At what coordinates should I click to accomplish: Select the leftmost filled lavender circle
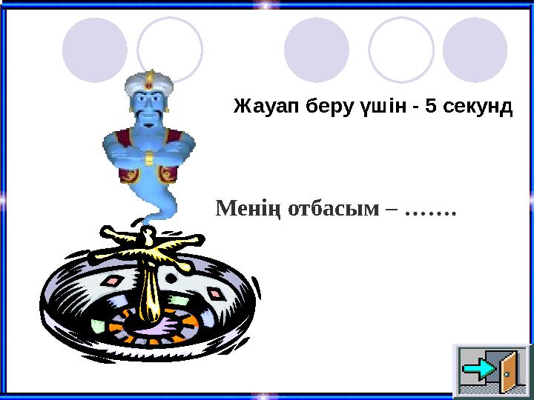[95, 50]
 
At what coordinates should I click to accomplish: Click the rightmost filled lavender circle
[475, 50]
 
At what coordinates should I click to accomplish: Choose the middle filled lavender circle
[317, 50]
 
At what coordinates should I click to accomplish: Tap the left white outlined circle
[170, 50]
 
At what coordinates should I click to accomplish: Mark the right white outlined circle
[401, 50]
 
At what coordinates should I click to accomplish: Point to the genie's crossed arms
[150, 155]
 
